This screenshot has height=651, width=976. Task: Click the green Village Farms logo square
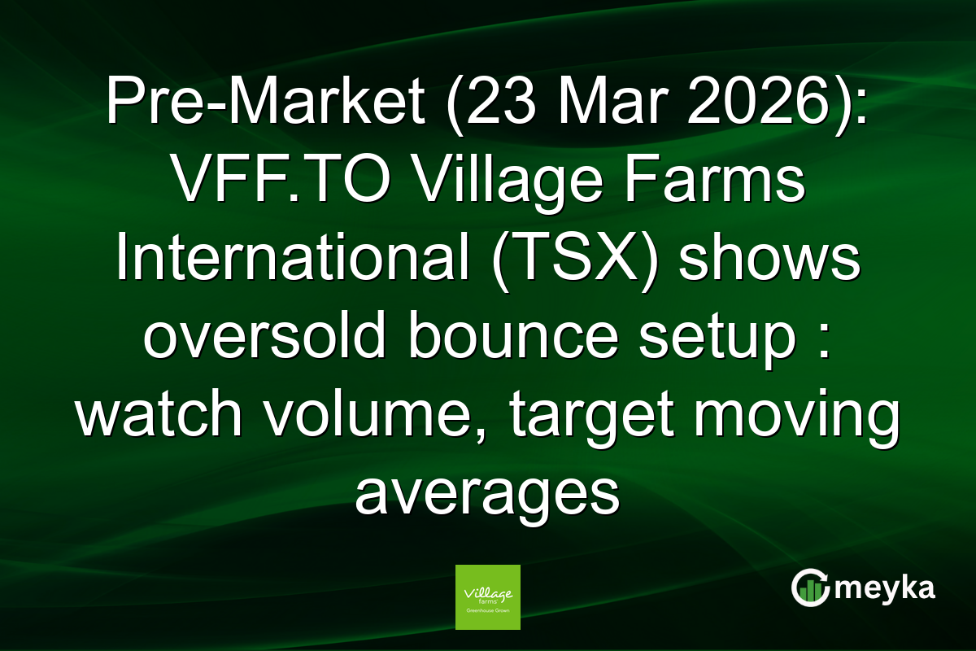pos(488,596)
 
